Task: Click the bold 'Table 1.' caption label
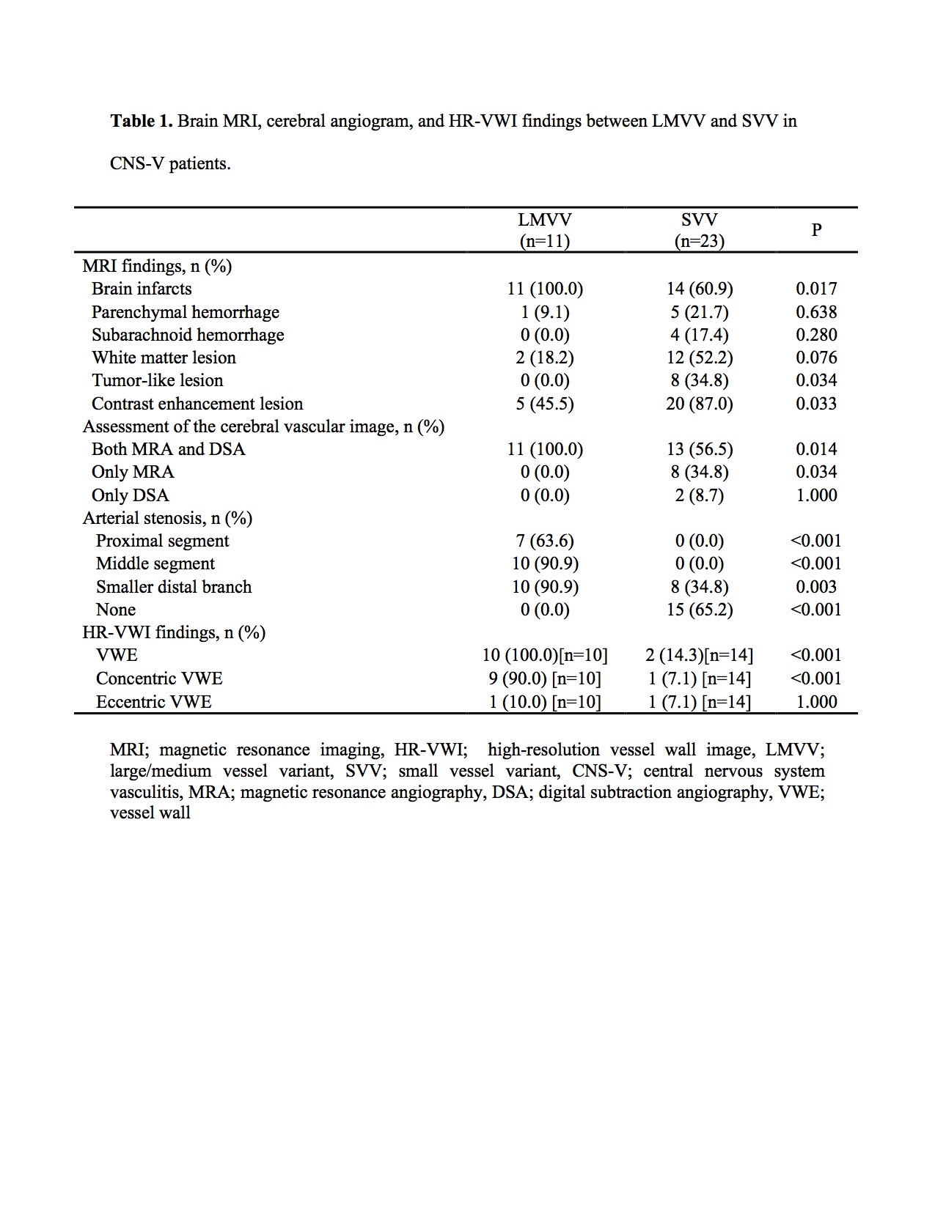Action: click(142, 121)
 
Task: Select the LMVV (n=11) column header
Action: click(544, 230)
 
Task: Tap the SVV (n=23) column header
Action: click(699, 230)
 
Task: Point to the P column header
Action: click(816, 230)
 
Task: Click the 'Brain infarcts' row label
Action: click(142, 289)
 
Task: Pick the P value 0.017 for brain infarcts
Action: click(816, 289)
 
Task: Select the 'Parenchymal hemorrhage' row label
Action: click(186, 312)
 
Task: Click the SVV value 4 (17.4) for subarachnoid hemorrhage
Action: click(699, 335)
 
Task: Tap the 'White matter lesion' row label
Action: click(164, 358)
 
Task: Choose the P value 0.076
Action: click(816, 358)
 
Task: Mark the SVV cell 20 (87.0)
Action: click(699, 404)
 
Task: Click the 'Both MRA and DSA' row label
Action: click(168, 449)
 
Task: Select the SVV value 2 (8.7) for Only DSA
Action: click(699, 495)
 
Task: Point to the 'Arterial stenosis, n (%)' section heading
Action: click(167, 518)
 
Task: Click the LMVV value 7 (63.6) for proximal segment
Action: click(544, 541)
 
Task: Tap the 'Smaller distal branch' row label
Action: click(174, 587)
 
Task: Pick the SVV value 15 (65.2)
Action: click(699, 610)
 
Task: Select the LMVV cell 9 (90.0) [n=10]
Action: click(544, 679)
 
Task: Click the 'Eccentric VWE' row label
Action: click(154, 702)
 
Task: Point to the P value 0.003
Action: click(816, 587)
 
